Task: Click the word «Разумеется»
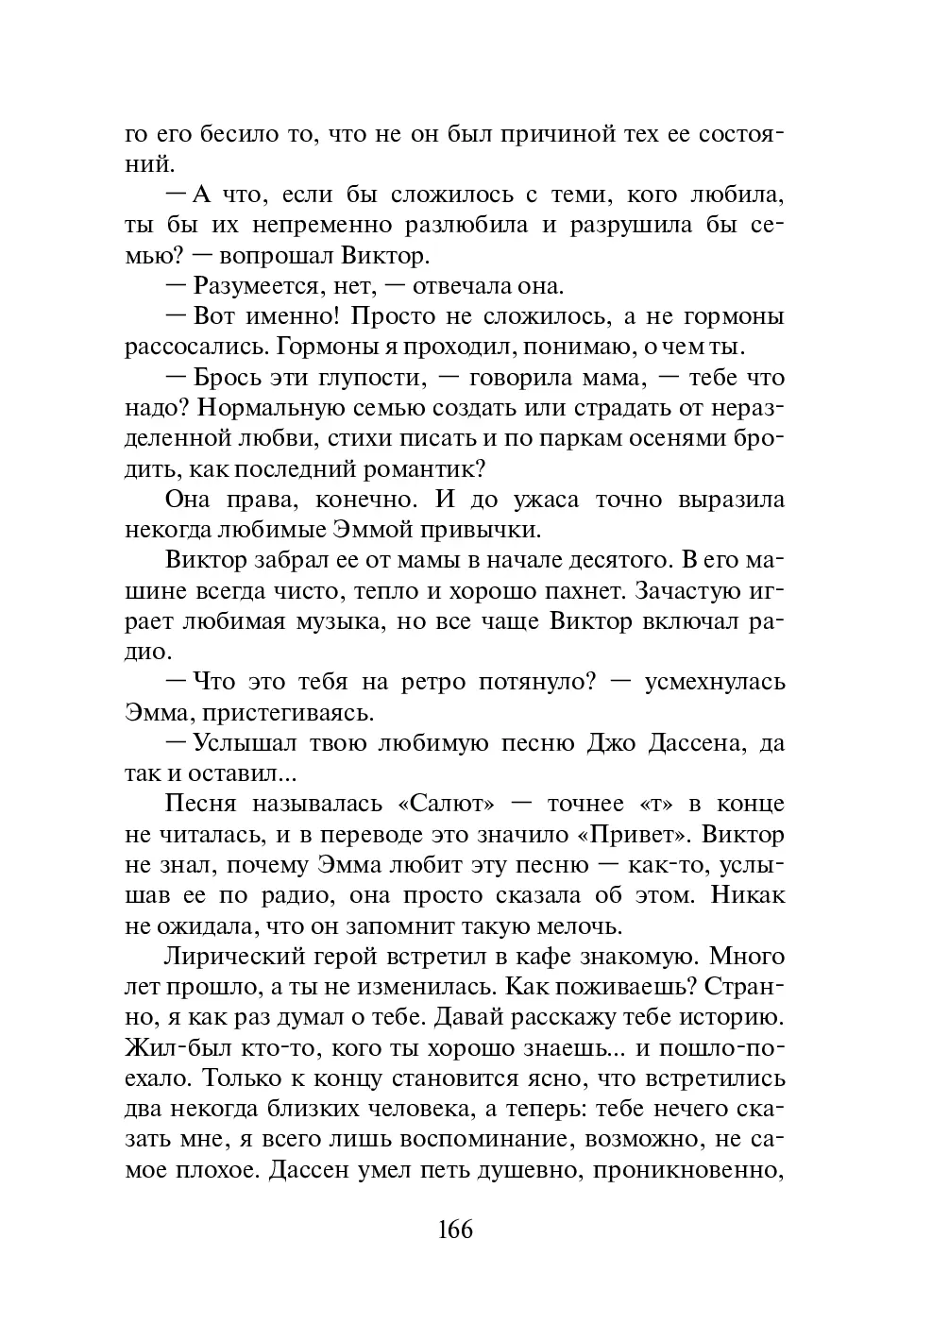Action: point(250,286)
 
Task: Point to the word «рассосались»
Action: point(180,348)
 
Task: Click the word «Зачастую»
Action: point(694,591)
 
